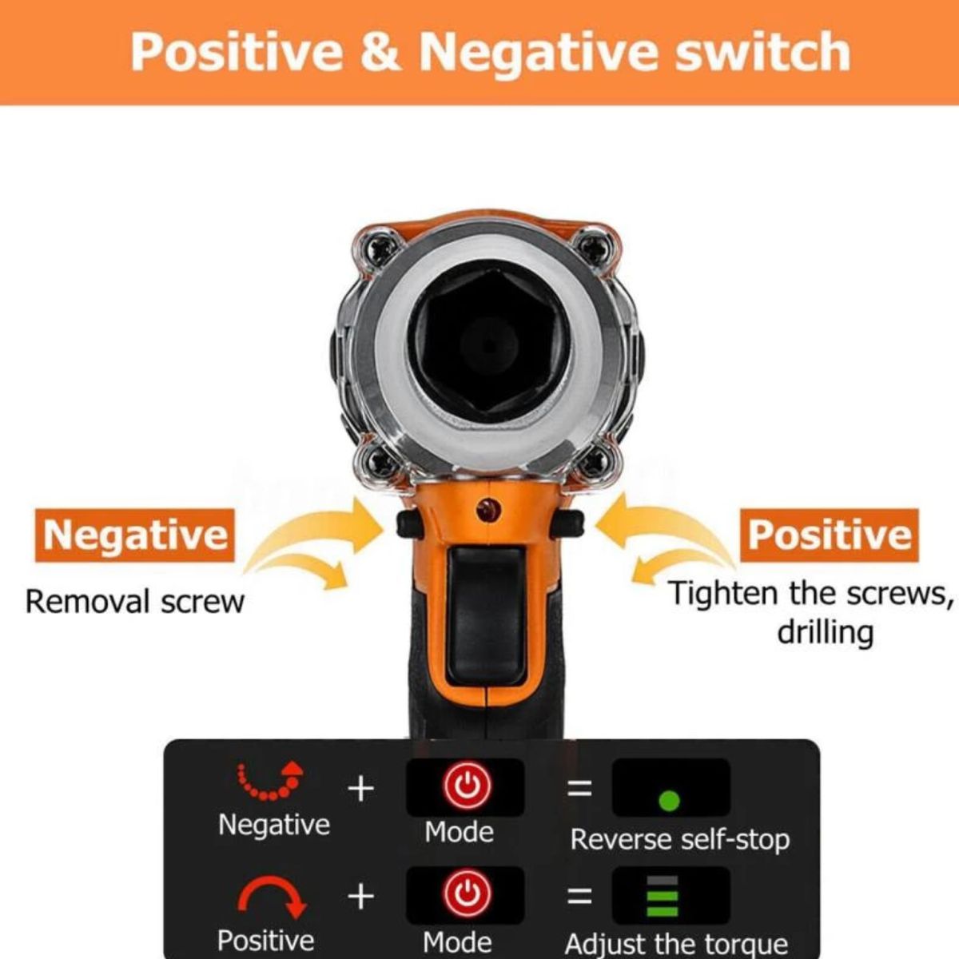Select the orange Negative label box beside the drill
134,535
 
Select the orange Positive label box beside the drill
829,535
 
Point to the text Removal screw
134,602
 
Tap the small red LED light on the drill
489,511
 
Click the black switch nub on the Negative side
409,524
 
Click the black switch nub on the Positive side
568,524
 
